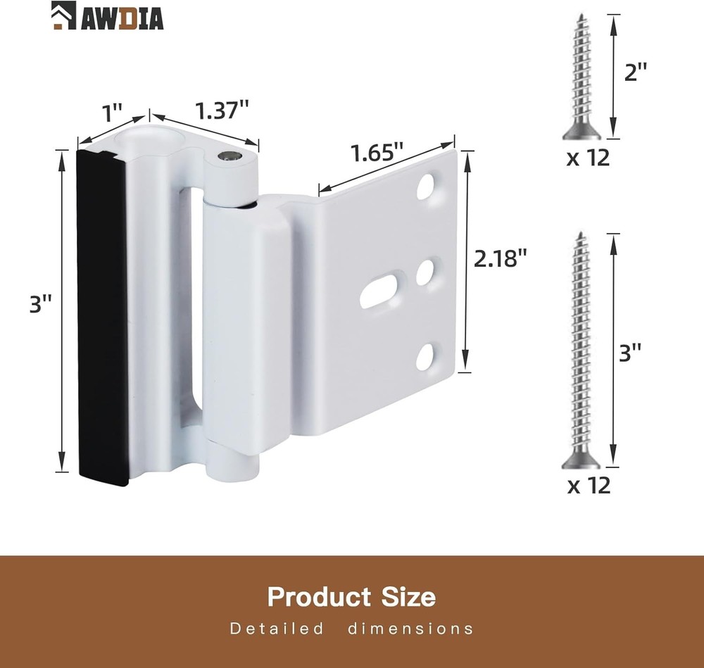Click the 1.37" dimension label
(x=222, y=111)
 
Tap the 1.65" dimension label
(x=377, y=154)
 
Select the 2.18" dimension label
(x=501, y=259)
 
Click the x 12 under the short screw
(x=588, y=158)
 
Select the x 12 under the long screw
(x=588, y=486)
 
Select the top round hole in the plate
(x=426, y=186)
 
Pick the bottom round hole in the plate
(x=426, y=358)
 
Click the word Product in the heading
(x=319, y=597)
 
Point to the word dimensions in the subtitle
(x=410, y=629)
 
